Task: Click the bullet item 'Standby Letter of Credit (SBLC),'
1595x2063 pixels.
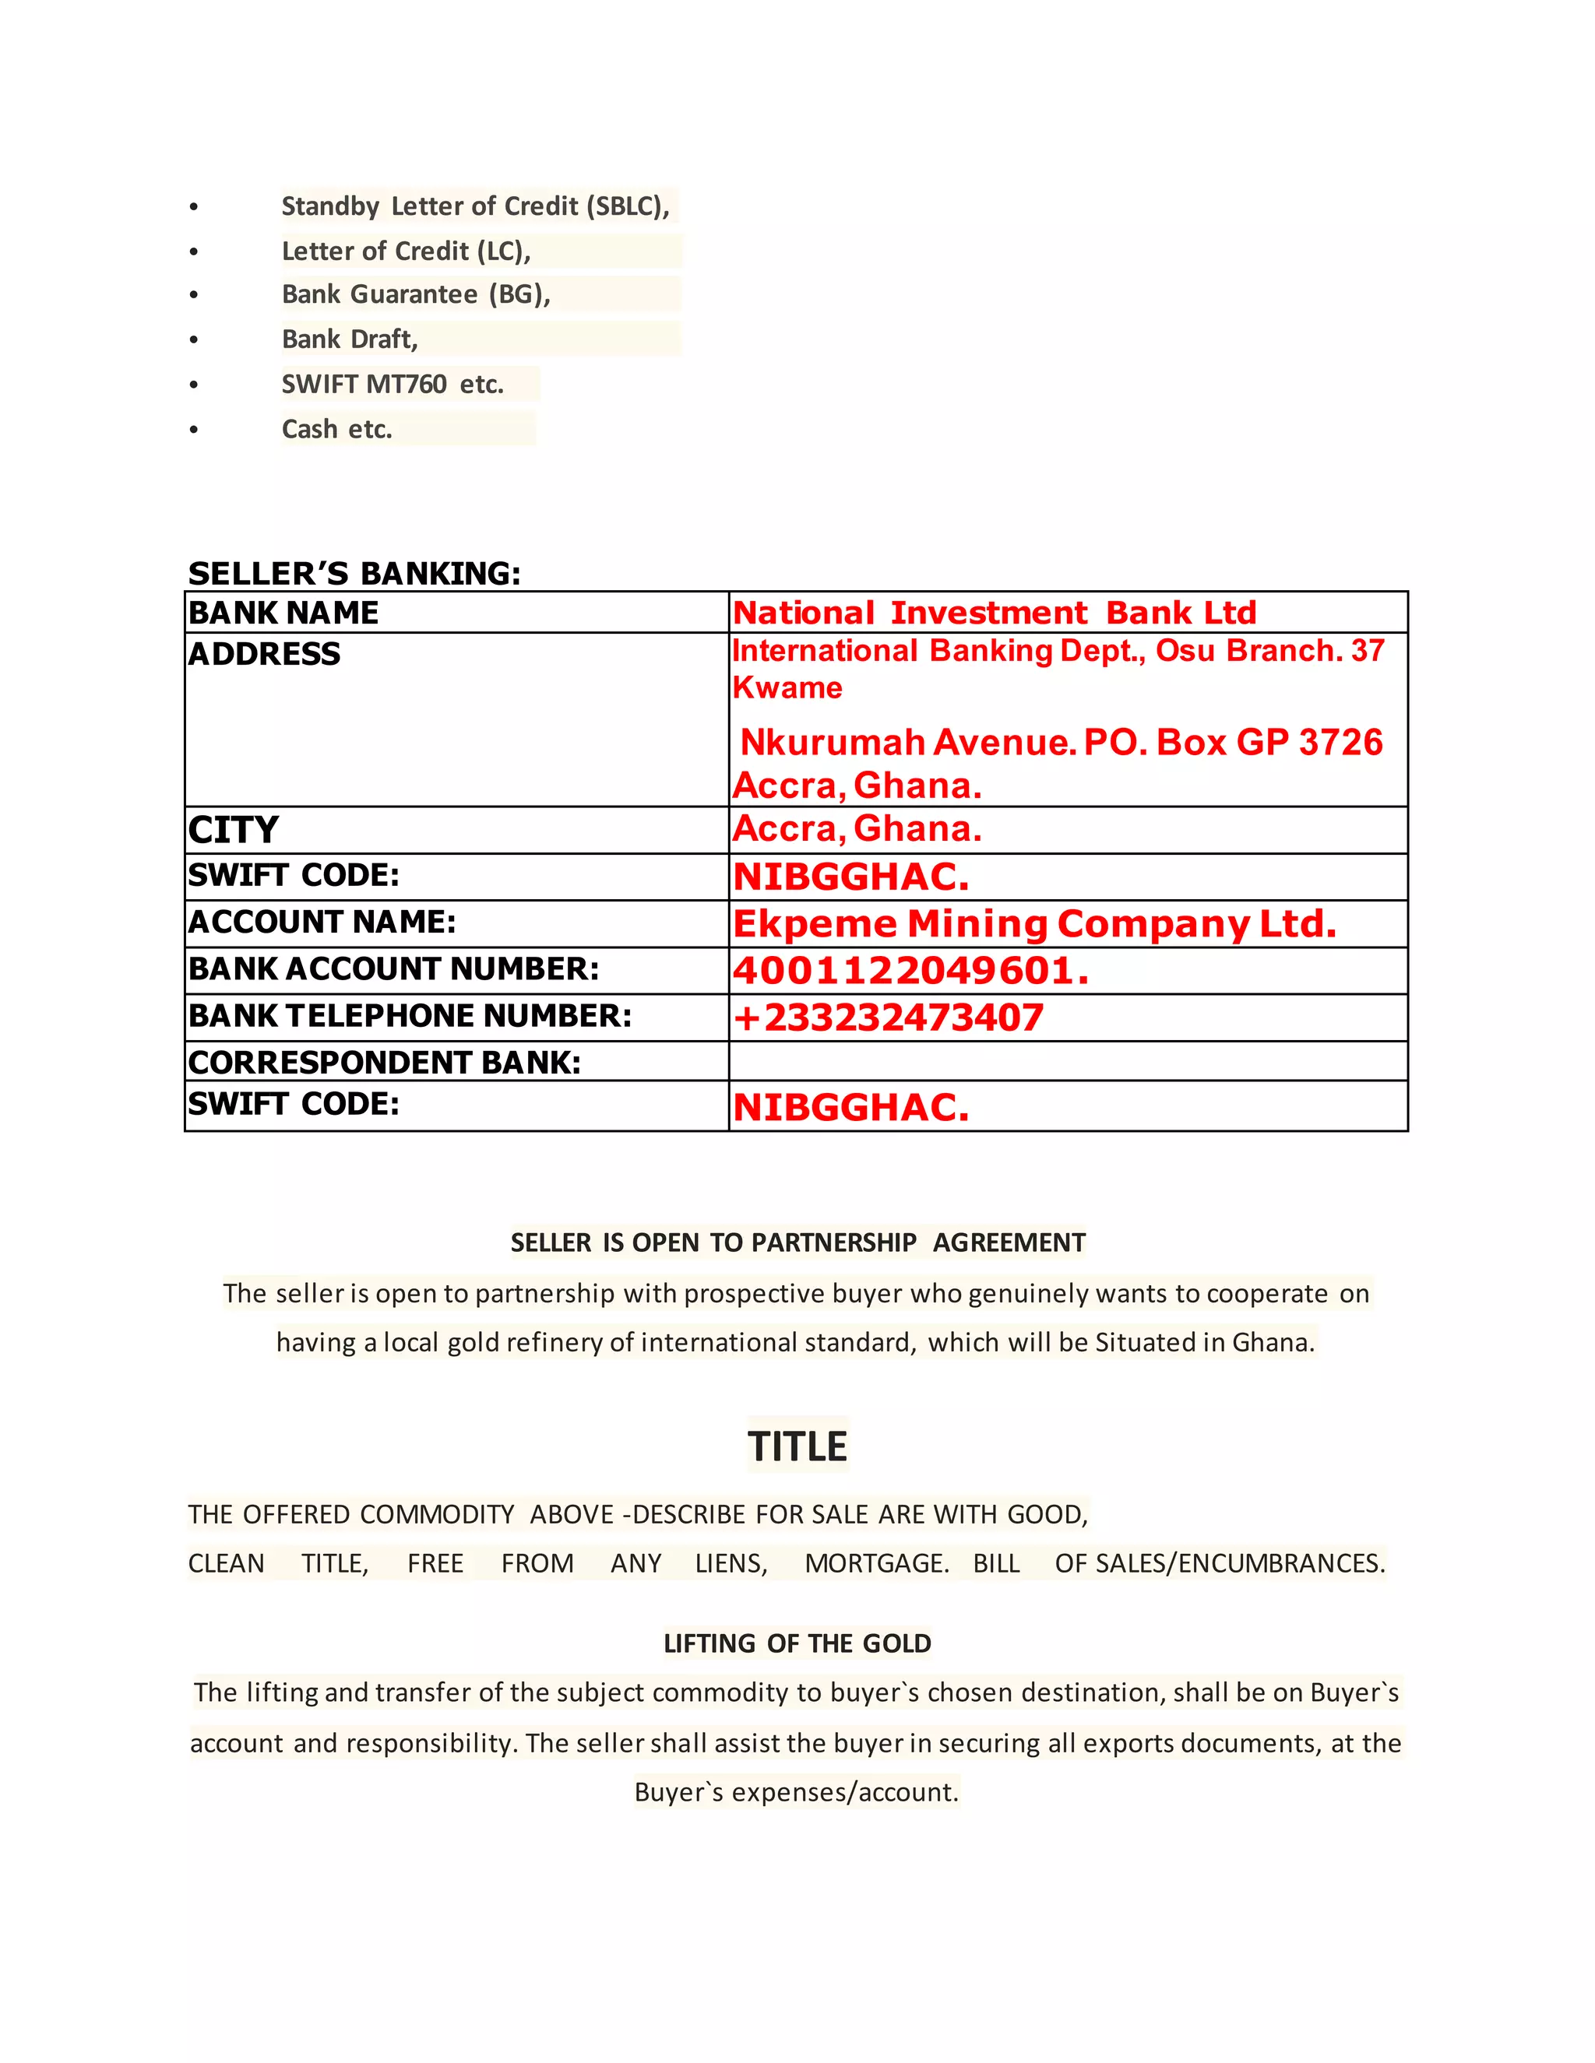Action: (x=475, y=206)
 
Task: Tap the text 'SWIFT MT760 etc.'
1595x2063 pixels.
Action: (x=393, y=385)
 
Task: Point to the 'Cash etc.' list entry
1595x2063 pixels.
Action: (x=336, y=429)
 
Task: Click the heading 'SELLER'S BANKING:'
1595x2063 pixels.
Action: (x=354, y=574)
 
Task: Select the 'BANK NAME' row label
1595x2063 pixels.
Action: (x=283, y=613)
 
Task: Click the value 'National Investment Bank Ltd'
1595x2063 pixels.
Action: (x=994, y=613)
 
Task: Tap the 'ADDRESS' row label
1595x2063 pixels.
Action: (x=265, y=654)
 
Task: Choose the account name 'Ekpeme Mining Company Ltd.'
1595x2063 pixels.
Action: (x=1035, y=924)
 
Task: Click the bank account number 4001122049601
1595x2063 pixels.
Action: (x=910, y=971)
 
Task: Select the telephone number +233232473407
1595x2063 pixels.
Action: (x=888, y=1017)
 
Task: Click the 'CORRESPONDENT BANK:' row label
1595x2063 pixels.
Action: (x=385, y=1063)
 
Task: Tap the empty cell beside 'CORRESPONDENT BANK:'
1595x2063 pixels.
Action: (x=1068, y=1062)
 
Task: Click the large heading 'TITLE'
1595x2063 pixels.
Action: (x=797, y=1446)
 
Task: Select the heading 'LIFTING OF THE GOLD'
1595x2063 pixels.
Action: (x=797, y=1643)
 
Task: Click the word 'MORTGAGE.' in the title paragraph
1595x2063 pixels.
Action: (x=877, y=1563)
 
